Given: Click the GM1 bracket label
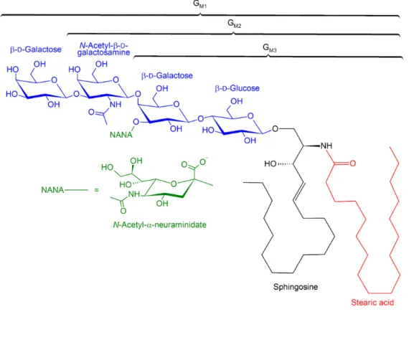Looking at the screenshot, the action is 199,4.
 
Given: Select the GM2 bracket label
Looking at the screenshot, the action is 234,24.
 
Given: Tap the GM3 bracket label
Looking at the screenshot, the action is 270,48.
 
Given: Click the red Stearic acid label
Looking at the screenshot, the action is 372,303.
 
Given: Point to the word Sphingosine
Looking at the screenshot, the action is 296,287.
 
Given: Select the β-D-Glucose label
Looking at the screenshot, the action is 237,88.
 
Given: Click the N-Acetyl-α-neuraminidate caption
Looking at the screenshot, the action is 159,224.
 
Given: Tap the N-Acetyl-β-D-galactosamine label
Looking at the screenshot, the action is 104,49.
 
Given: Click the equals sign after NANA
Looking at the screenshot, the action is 97,190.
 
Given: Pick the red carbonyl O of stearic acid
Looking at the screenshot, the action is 352,164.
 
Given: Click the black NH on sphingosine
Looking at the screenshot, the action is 326,146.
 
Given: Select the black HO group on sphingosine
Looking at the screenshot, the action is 271,164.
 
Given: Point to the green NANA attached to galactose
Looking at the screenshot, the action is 121,135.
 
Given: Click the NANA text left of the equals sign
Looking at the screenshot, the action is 52,190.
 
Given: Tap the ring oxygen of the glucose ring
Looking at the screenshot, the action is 250,115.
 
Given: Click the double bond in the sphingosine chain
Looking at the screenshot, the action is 298,191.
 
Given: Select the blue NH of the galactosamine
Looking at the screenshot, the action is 116,105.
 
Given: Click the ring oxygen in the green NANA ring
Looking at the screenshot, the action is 174,184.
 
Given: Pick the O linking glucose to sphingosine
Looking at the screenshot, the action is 276,129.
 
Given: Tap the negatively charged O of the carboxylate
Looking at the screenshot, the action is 203,162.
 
